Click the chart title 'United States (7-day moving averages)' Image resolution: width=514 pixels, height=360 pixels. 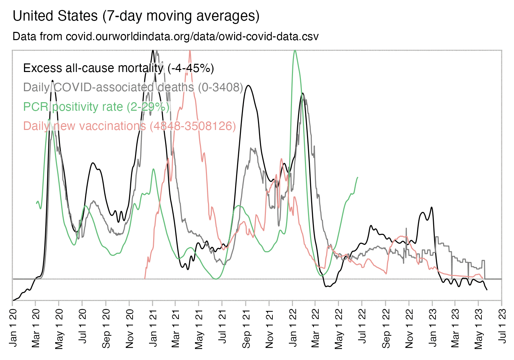[x=136, y=16]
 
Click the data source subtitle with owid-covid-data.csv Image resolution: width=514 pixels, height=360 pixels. [x=166, y=36]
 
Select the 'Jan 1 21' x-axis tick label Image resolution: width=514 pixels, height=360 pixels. [x=153, y=328]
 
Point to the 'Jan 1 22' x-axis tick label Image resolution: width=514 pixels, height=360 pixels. [x=293, y=328]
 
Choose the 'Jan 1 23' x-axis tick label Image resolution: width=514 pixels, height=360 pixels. [x=432, y=328]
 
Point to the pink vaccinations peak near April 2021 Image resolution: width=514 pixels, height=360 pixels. [x=190, y=51]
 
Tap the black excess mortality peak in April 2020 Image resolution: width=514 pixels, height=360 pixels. [x=52, y=81]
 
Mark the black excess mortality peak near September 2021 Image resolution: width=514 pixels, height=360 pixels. [x=248, y=85]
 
